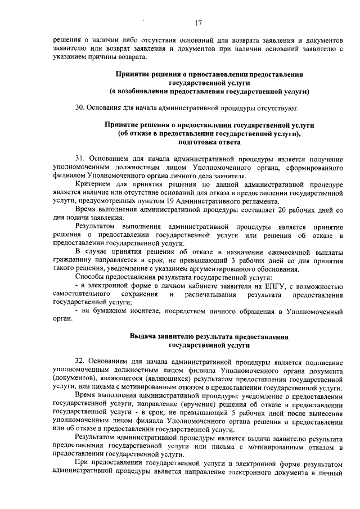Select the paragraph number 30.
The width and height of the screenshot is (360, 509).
[79, 107]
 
